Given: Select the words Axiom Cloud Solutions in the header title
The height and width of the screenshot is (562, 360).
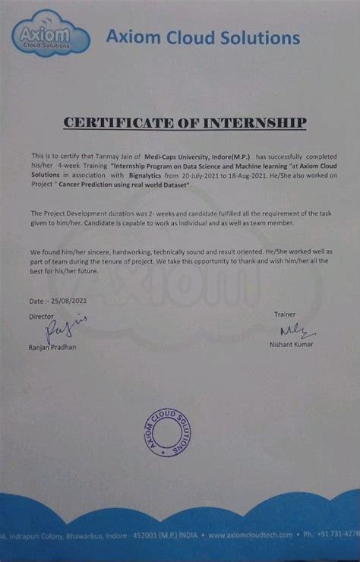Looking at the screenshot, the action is (x=201, y=36).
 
